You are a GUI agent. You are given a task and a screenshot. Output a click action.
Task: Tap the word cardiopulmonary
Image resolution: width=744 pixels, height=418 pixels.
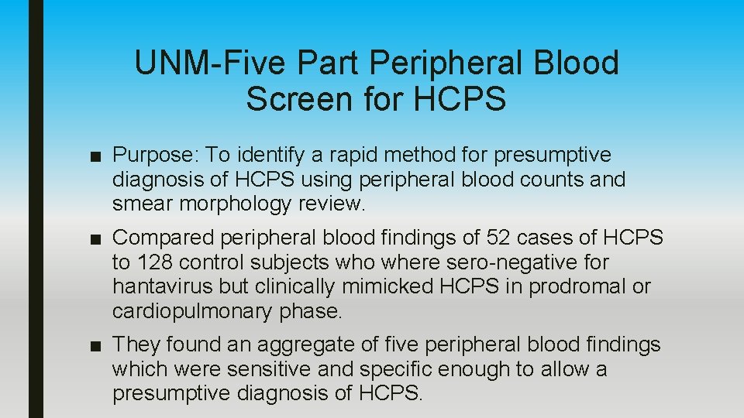(193, 311)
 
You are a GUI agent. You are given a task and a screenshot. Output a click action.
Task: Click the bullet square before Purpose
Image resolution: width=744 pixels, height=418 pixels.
(95, 156)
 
